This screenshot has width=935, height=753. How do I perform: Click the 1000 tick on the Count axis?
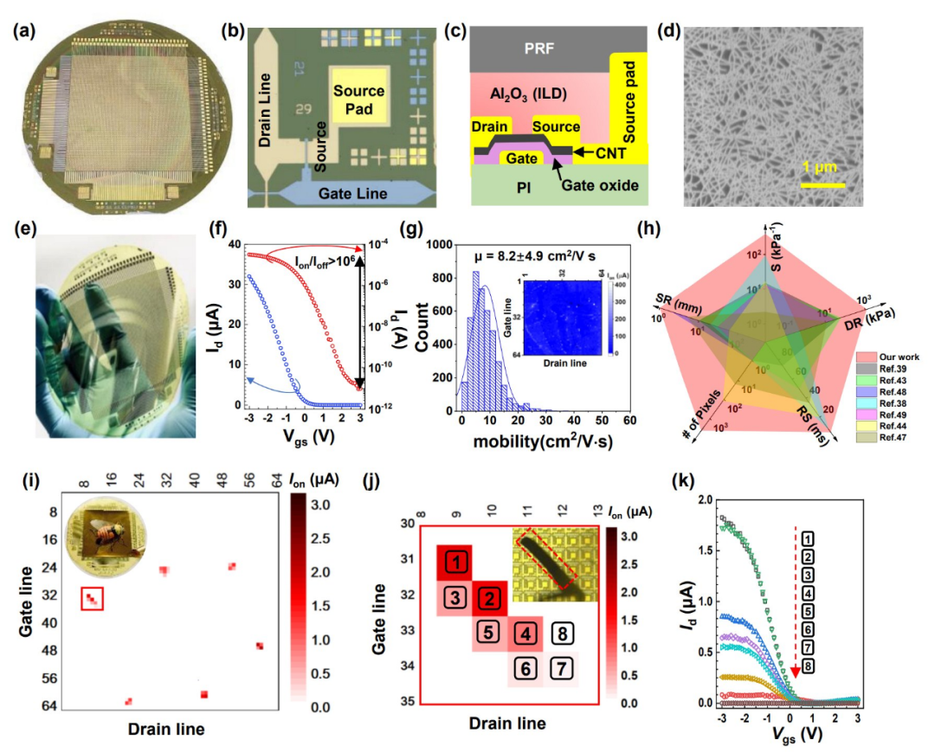click(x=431, y=245)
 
